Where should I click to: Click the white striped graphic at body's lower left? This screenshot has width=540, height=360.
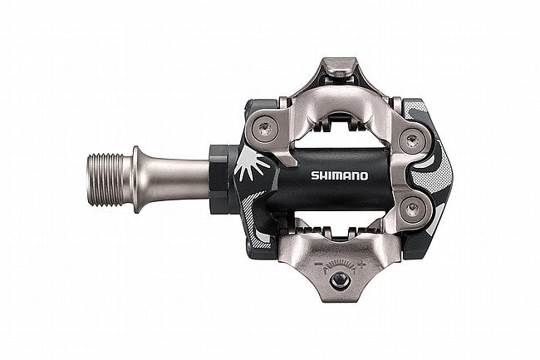coord(258,238)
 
